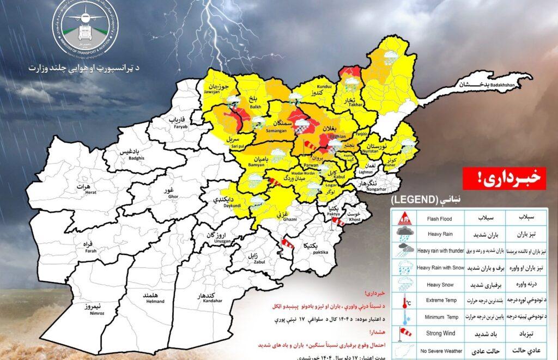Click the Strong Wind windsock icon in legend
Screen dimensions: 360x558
[x=403, y=332]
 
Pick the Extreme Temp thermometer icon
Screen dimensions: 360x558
[x=403, y=300]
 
